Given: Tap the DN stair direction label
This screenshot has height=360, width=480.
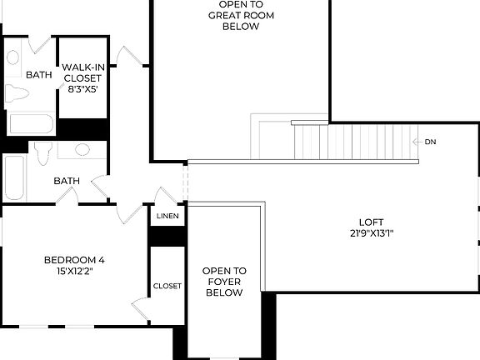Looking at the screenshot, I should (430, 142).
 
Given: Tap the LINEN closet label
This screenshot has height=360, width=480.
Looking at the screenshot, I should (167, 216).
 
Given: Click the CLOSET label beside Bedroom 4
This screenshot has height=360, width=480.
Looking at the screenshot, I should (167, 286).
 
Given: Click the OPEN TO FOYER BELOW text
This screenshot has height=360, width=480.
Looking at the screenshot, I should (225, 282).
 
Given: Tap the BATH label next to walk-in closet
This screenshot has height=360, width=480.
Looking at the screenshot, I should (38, 75).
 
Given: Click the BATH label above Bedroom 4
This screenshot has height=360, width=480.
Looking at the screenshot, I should (67, 181).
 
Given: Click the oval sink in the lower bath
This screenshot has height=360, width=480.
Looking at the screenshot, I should (82, 150).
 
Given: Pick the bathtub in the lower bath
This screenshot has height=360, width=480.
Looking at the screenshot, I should (14, 177).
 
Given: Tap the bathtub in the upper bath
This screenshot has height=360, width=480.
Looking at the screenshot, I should (31, 125).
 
